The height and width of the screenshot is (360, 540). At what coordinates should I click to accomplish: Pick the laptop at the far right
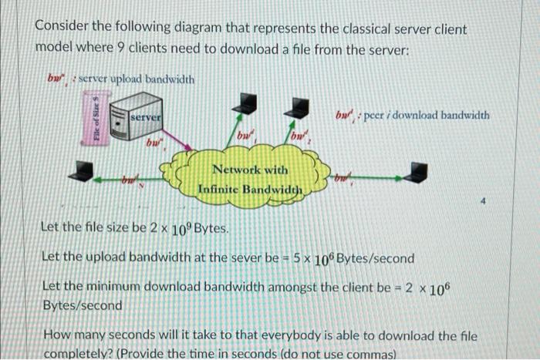click(x=418, y=173)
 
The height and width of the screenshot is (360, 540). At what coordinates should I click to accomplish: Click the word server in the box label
click(x=146, y=116)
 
